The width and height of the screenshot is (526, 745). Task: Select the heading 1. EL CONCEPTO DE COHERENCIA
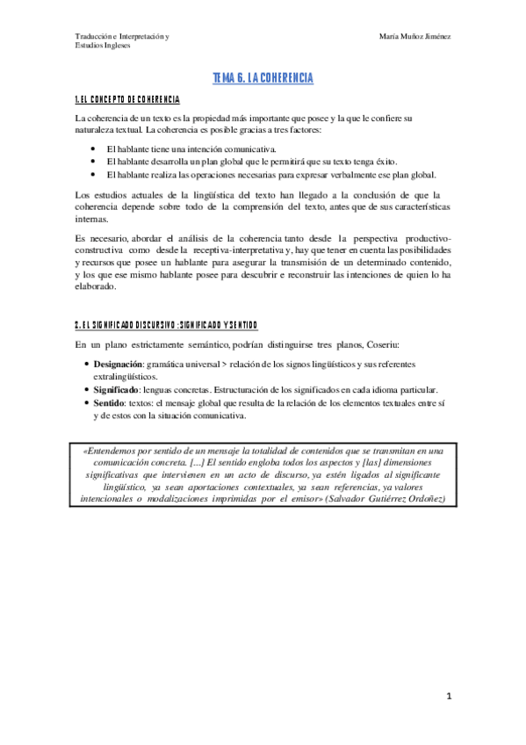(127, 98)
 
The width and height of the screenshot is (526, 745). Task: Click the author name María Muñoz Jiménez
(415, 36)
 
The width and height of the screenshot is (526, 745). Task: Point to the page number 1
(448, 697)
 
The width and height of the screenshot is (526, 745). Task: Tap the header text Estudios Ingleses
(103, 46)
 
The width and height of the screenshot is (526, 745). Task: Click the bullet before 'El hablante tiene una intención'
(93, 149)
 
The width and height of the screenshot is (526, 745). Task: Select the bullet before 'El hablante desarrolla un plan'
(93, 162)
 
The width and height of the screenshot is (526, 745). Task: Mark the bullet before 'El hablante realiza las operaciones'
(93, 174)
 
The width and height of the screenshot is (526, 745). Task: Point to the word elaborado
(96, 286)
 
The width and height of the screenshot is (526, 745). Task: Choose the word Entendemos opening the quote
(115, 452)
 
